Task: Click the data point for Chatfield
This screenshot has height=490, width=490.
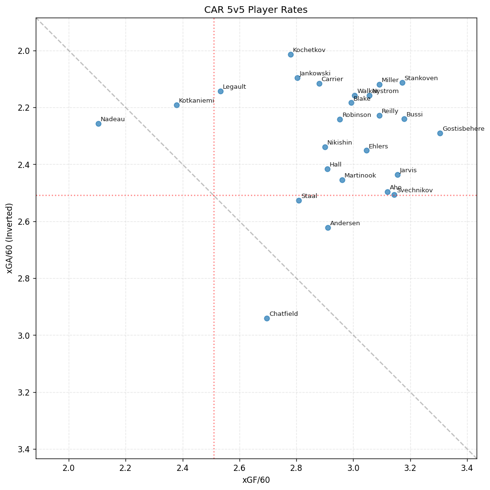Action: (267, 318)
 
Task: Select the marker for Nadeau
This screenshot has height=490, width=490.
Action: (98, 124)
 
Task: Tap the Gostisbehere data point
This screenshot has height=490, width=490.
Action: (440, 133)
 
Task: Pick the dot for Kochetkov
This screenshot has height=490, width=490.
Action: (291, 54)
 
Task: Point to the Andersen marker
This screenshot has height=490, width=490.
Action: (328, 228)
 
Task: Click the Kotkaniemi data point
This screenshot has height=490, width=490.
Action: (177, 105)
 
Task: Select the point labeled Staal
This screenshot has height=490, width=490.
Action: (299, 200)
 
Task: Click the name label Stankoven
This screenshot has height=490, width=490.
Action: (421, 78)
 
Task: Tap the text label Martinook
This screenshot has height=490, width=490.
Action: (360, 176)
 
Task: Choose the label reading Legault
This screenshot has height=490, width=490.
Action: (234, 87)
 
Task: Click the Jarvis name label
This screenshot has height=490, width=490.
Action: (408, 170)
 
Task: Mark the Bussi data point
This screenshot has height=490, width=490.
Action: (404, 119)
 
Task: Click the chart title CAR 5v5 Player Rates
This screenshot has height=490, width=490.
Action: (256, 10)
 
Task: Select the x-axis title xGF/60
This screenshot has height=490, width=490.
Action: (256, 480)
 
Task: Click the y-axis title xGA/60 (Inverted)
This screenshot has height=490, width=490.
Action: (10, 238)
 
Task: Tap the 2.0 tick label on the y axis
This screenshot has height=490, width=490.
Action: (23, 51)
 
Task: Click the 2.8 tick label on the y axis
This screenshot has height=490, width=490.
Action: (23, 279)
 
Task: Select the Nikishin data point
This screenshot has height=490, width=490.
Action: (325, 147)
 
